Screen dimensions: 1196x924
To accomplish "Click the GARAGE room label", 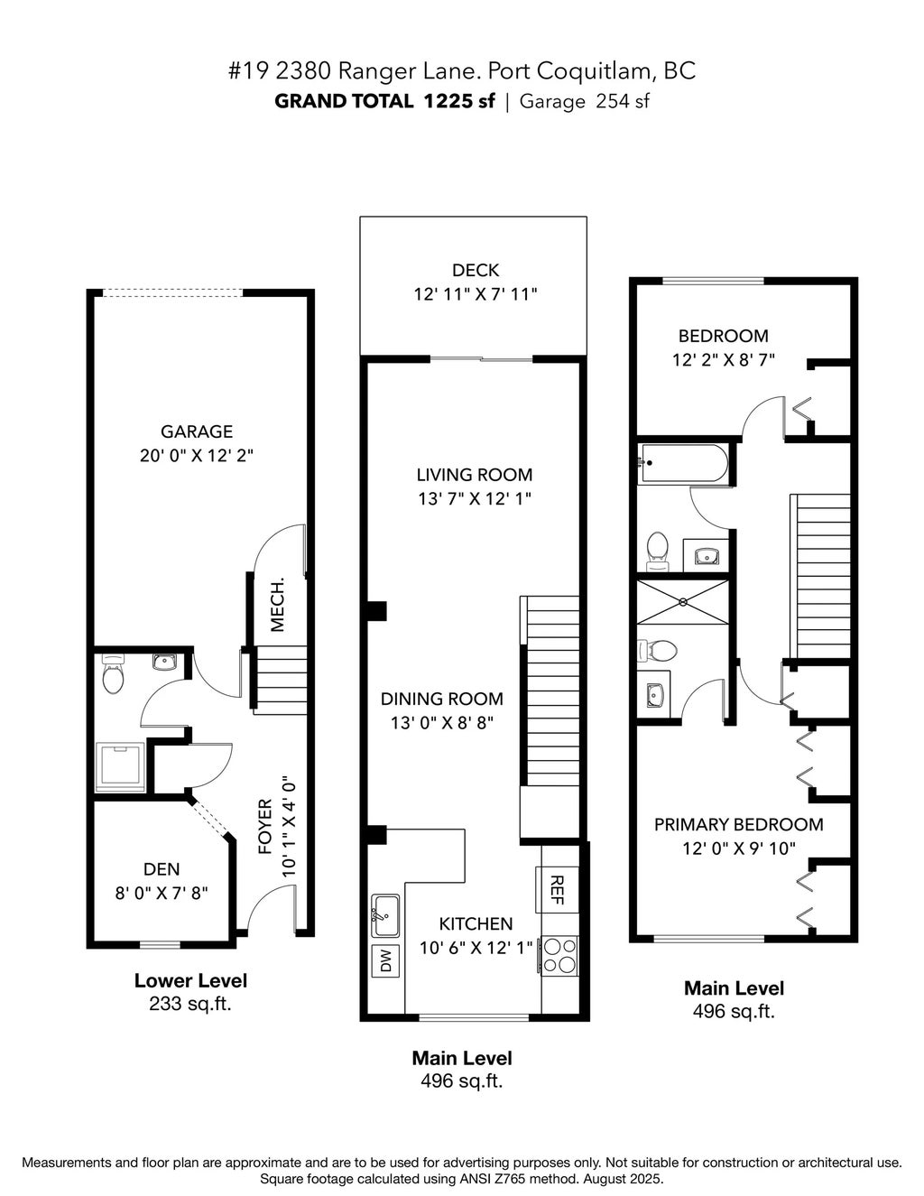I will pos(197,431).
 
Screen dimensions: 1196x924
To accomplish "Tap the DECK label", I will pos(476,270).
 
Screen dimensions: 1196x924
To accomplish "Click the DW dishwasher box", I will pos(386,960).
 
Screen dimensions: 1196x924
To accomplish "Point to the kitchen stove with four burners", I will pos(559,956).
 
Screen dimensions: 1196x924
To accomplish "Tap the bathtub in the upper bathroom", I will pos(682,463).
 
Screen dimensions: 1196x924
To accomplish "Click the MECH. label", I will pos(278,604).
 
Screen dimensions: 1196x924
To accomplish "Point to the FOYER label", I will pos(265,826).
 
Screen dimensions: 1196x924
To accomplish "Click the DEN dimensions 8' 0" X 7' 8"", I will pos(162,893).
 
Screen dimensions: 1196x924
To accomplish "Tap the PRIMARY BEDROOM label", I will pos(738,824).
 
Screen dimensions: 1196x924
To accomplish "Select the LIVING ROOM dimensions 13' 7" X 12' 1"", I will pos(474,498).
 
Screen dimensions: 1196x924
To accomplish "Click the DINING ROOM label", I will pos(441,699).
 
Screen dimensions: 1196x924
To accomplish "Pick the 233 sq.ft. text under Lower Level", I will pos(190,1004).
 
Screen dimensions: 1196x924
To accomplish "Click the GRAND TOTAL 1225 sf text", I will pos(384,101).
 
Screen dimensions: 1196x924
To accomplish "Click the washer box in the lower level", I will pos(120,765).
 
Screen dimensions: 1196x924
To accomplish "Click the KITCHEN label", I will pos(476,923).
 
